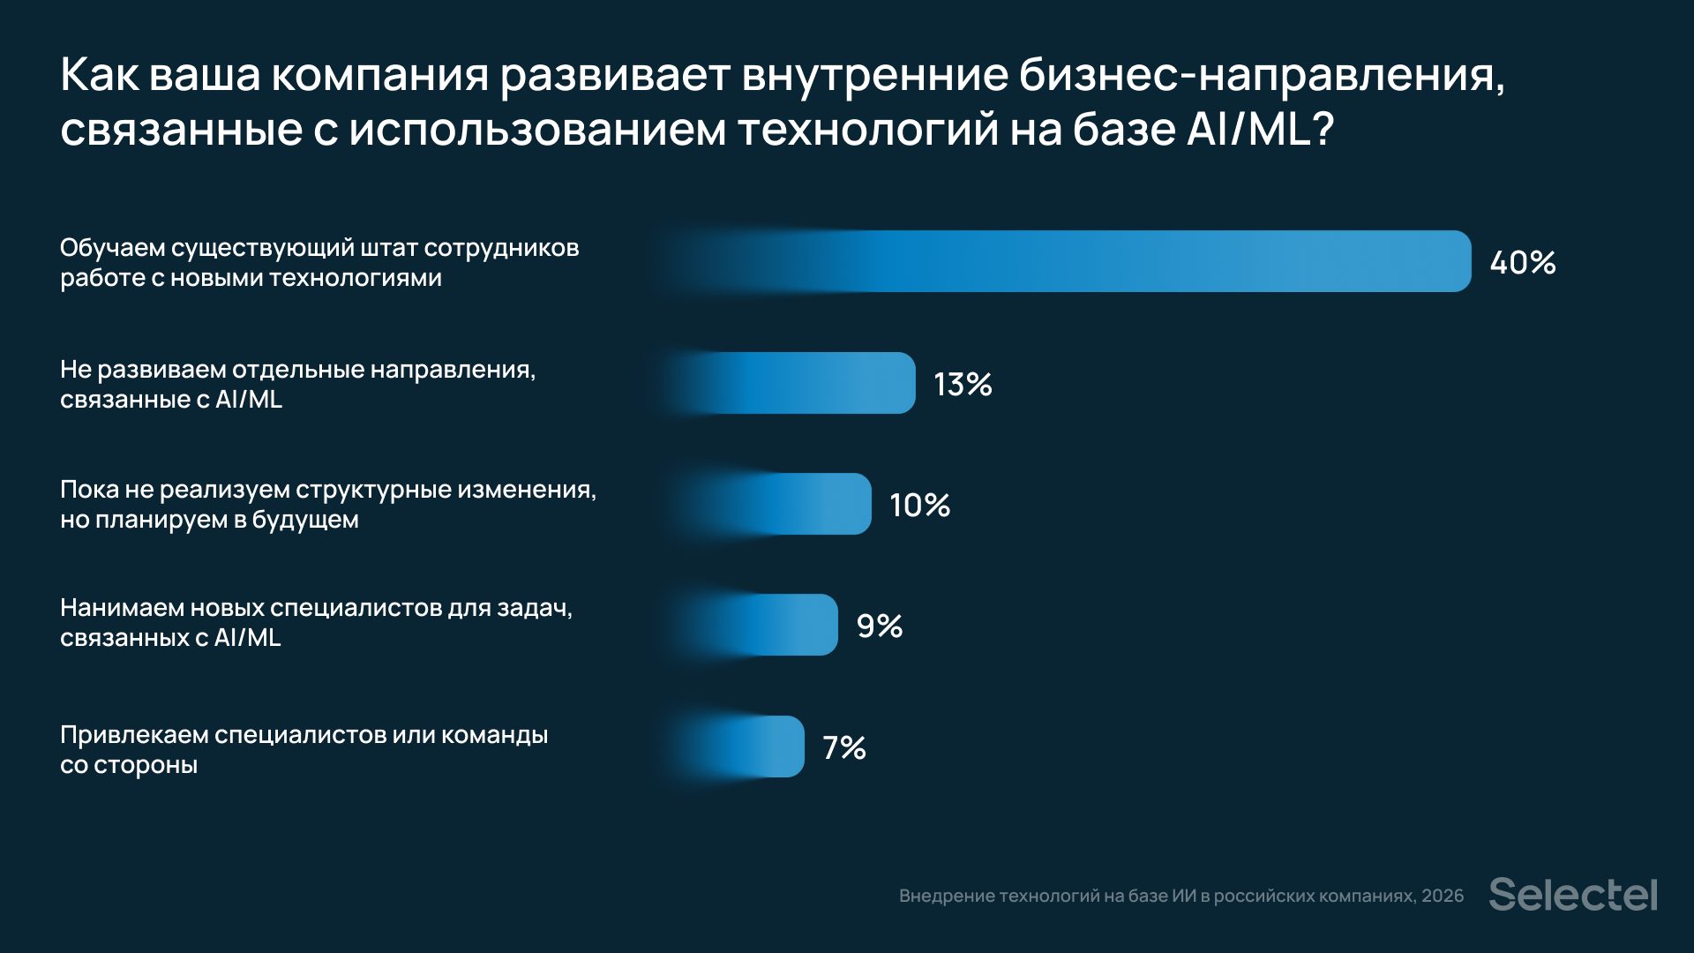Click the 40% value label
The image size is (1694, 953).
[x=1522, y=263]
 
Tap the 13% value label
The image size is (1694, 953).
[x=963, y=385]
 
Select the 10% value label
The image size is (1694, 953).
[x=919, y=506]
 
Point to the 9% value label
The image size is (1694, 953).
[x=880, y=627]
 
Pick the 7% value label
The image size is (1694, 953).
[x=844, y=748]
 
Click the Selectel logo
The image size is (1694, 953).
[x=1573, y=895]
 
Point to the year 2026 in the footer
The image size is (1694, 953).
[x=1442, y=897]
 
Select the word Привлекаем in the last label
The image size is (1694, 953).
[x=134, y=735]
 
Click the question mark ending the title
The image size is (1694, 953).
[x=1322, y=130]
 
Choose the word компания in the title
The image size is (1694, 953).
[x=379, y=76]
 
